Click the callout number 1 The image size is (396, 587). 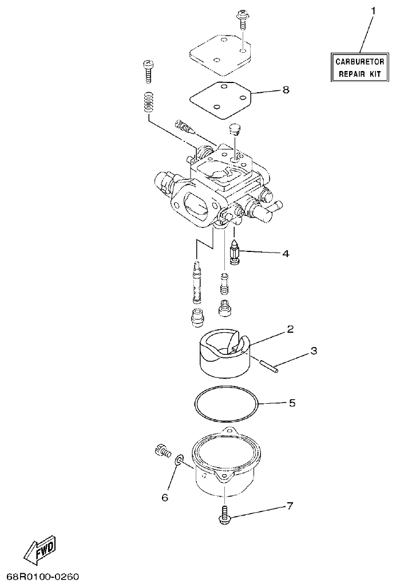(x=373, y=10)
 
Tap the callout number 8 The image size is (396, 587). (x=286, y=90)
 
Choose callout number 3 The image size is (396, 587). (x=313, y=350)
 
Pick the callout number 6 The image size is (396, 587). (x=165, y=498)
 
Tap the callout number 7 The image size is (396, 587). (x=290, y=506)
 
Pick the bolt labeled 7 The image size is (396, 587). (x=224, y=513)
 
